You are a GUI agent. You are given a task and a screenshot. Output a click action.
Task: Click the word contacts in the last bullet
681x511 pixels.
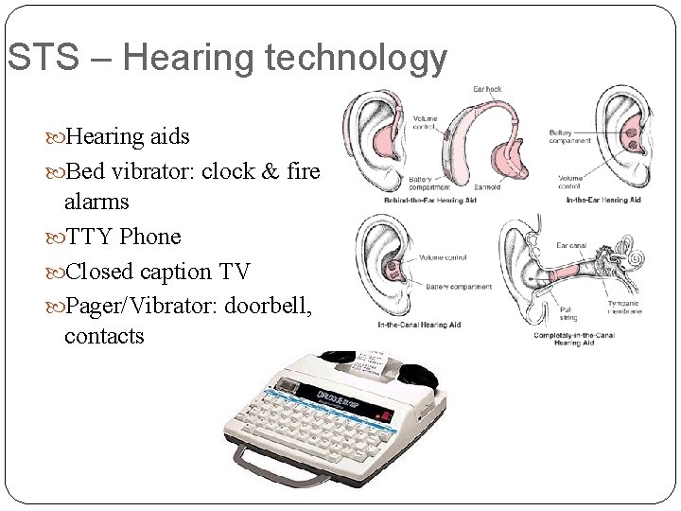104,335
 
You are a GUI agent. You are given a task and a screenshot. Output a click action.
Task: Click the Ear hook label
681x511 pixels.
486,90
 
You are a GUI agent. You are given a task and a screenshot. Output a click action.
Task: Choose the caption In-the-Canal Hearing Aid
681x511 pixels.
411,326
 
